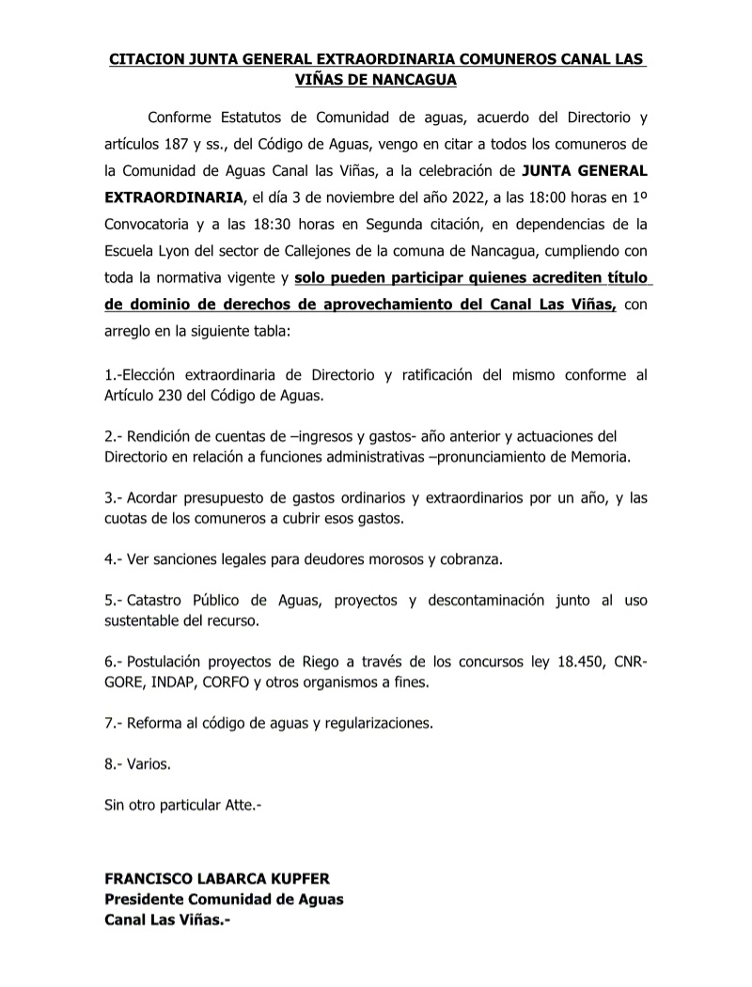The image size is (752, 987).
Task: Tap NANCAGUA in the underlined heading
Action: [410, 80]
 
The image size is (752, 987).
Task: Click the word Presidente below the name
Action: [147, 900]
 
